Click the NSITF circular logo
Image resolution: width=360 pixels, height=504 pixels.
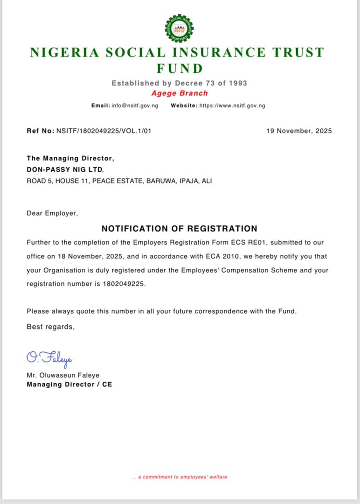179,28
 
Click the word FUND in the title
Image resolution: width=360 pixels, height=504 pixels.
180,69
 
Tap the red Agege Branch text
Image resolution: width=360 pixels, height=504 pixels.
180,93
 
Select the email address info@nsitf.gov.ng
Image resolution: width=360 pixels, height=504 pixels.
135,106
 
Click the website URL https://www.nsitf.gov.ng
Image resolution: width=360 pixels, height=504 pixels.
232,106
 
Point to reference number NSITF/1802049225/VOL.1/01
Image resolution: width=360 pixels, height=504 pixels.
104,131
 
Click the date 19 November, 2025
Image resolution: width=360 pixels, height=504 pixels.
299,131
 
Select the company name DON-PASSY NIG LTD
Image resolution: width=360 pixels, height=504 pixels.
64,170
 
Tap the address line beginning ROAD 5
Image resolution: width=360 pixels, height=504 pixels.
119,181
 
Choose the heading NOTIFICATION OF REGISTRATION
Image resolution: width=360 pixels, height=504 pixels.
180,229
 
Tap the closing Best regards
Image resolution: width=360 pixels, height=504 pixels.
50,327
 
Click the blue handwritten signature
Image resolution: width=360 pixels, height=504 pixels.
49,359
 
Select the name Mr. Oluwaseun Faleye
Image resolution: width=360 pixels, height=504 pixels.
63,375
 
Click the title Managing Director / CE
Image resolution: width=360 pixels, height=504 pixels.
69,385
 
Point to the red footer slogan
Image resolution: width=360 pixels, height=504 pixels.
180,477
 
